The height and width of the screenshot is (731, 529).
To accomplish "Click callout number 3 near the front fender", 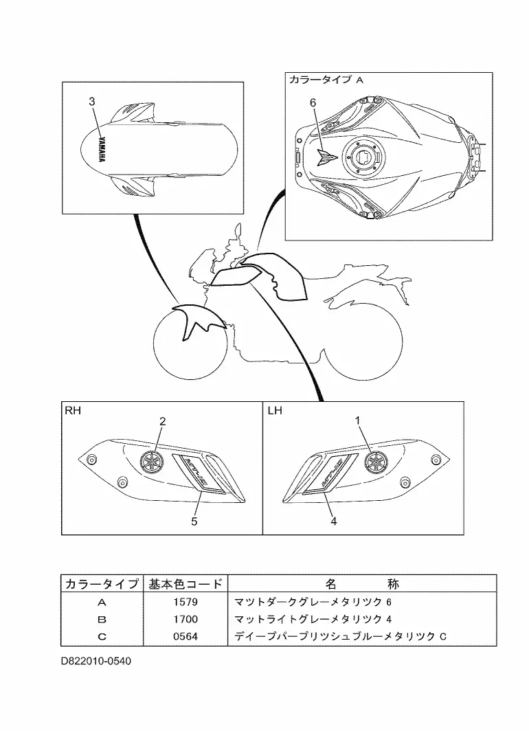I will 91,102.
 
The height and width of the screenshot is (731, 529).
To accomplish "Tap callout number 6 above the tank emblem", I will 313,102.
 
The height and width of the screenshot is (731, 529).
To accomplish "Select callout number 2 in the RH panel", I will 163,421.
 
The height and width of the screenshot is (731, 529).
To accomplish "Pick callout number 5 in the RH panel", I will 194,521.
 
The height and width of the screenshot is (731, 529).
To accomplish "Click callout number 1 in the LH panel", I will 357,420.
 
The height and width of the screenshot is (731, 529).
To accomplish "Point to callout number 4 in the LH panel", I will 333,521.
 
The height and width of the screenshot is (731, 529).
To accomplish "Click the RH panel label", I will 72,412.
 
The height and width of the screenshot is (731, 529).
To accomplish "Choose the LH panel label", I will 275,412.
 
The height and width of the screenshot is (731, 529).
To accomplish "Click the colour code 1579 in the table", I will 185,603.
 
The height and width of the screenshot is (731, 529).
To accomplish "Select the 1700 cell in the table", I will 185,620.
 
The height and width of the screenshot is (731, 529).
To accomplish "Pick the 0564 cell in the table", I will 185,637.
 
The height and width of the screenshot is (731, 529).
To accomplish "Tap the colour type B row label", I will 102,620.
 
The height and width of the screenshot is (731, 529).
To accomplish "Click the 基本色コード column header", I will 185,585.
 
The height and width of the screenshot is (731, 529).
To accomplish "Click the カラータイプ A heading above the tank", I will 326,80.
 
